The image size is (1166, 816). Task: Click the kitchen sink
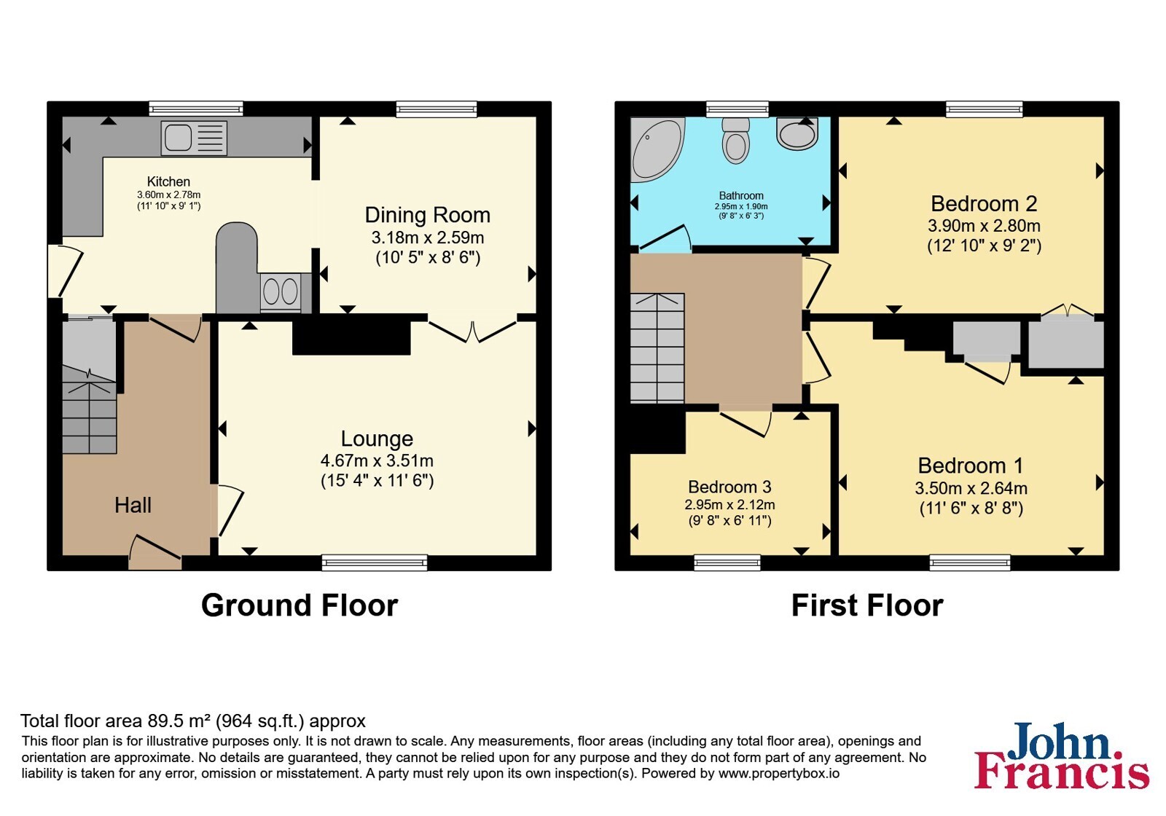[194, 138]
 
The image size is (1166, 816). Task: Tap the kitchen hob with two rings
[281, 291]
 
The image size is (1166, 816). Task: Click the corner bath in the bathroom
[657, 150]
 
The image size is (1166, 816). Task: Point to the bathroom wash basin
[797, 133]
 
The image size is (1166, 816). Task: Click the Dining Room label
[427, 215]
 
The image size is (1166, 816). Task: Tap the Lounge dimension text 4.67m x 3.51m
[377, 460]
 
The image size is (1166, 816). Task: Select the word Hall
[133, 505]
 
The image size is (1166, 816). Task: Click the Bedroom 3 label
[729, 487]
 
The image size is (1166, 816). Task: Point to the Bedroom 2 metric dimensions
[984, 226]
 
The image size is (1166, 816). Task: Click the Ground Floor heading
[300, 605]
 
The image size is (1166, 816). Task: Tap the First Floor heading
[867, 605]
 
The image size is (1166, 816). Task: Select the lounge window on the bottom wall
[375, 562]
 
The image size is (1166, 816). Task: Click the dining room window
[437, 109]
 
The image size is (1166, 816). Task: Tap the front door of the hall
[155, 552]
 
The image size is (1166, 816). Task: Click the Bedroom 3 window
[728, 562]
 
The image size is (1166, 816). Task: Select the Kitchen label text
[168, 181]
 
